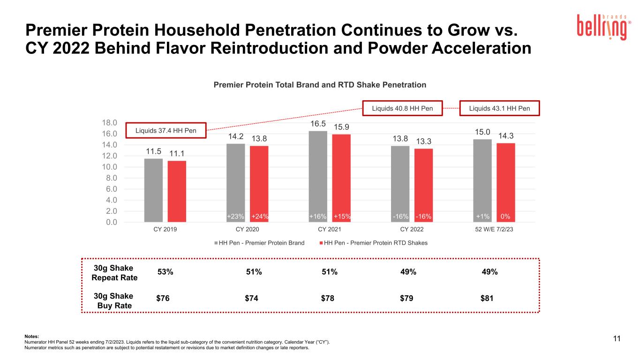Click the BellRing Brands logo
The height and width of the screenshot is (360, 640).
[x=604, y=27]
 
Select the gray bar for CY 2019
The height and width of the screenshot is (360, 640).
[x=153, y=190]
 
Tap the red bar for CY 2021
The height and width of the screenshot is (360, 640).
[x=341, y=178]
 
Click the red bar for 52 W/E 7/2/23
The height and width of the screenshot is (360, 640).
[x=506, y=182]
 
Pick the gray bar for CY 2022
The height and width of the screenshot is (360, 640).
[x=400, y=184]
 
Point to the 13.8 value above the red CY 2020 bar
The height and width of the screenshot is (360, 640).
[x=259, y=139]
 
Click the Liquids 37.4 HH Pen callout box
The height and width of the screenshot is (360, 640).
[x=166, y=131]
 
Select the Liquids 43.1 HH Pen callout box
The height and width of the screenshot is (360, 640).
[x=499, y=108]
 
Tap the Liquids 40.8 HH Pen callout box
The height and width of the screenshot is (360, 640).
[x=402, y=108]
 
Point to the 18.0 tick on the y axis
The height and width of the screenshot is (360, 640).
[x=109, y=122]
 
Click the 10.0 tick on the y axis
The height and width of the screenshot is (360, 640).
[x=109, y=167]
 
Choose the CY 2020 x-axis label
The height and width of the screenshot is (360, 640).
[x=247, y=229]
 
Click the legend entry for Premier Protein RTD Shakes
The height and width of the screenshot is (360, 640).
[x=373, y=243]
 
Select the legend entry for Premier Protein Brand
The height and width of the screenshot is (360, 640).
[x=259, y=243]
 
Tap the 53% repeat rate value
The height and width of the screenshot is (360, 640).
[x=166, y=272]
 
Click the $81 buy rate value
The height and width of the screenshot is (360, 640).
[x=487, y=298]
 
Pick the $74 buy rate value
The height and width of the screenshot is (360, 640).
[x=251, y=298]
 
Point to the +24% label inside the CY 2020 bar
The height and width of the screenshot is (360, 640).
[x=260, y=216]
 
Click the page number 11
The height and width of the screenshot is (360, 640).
[x=617, y=338]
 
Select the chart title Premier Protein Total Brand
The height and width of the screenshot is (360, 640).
[x=320, y=85]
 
